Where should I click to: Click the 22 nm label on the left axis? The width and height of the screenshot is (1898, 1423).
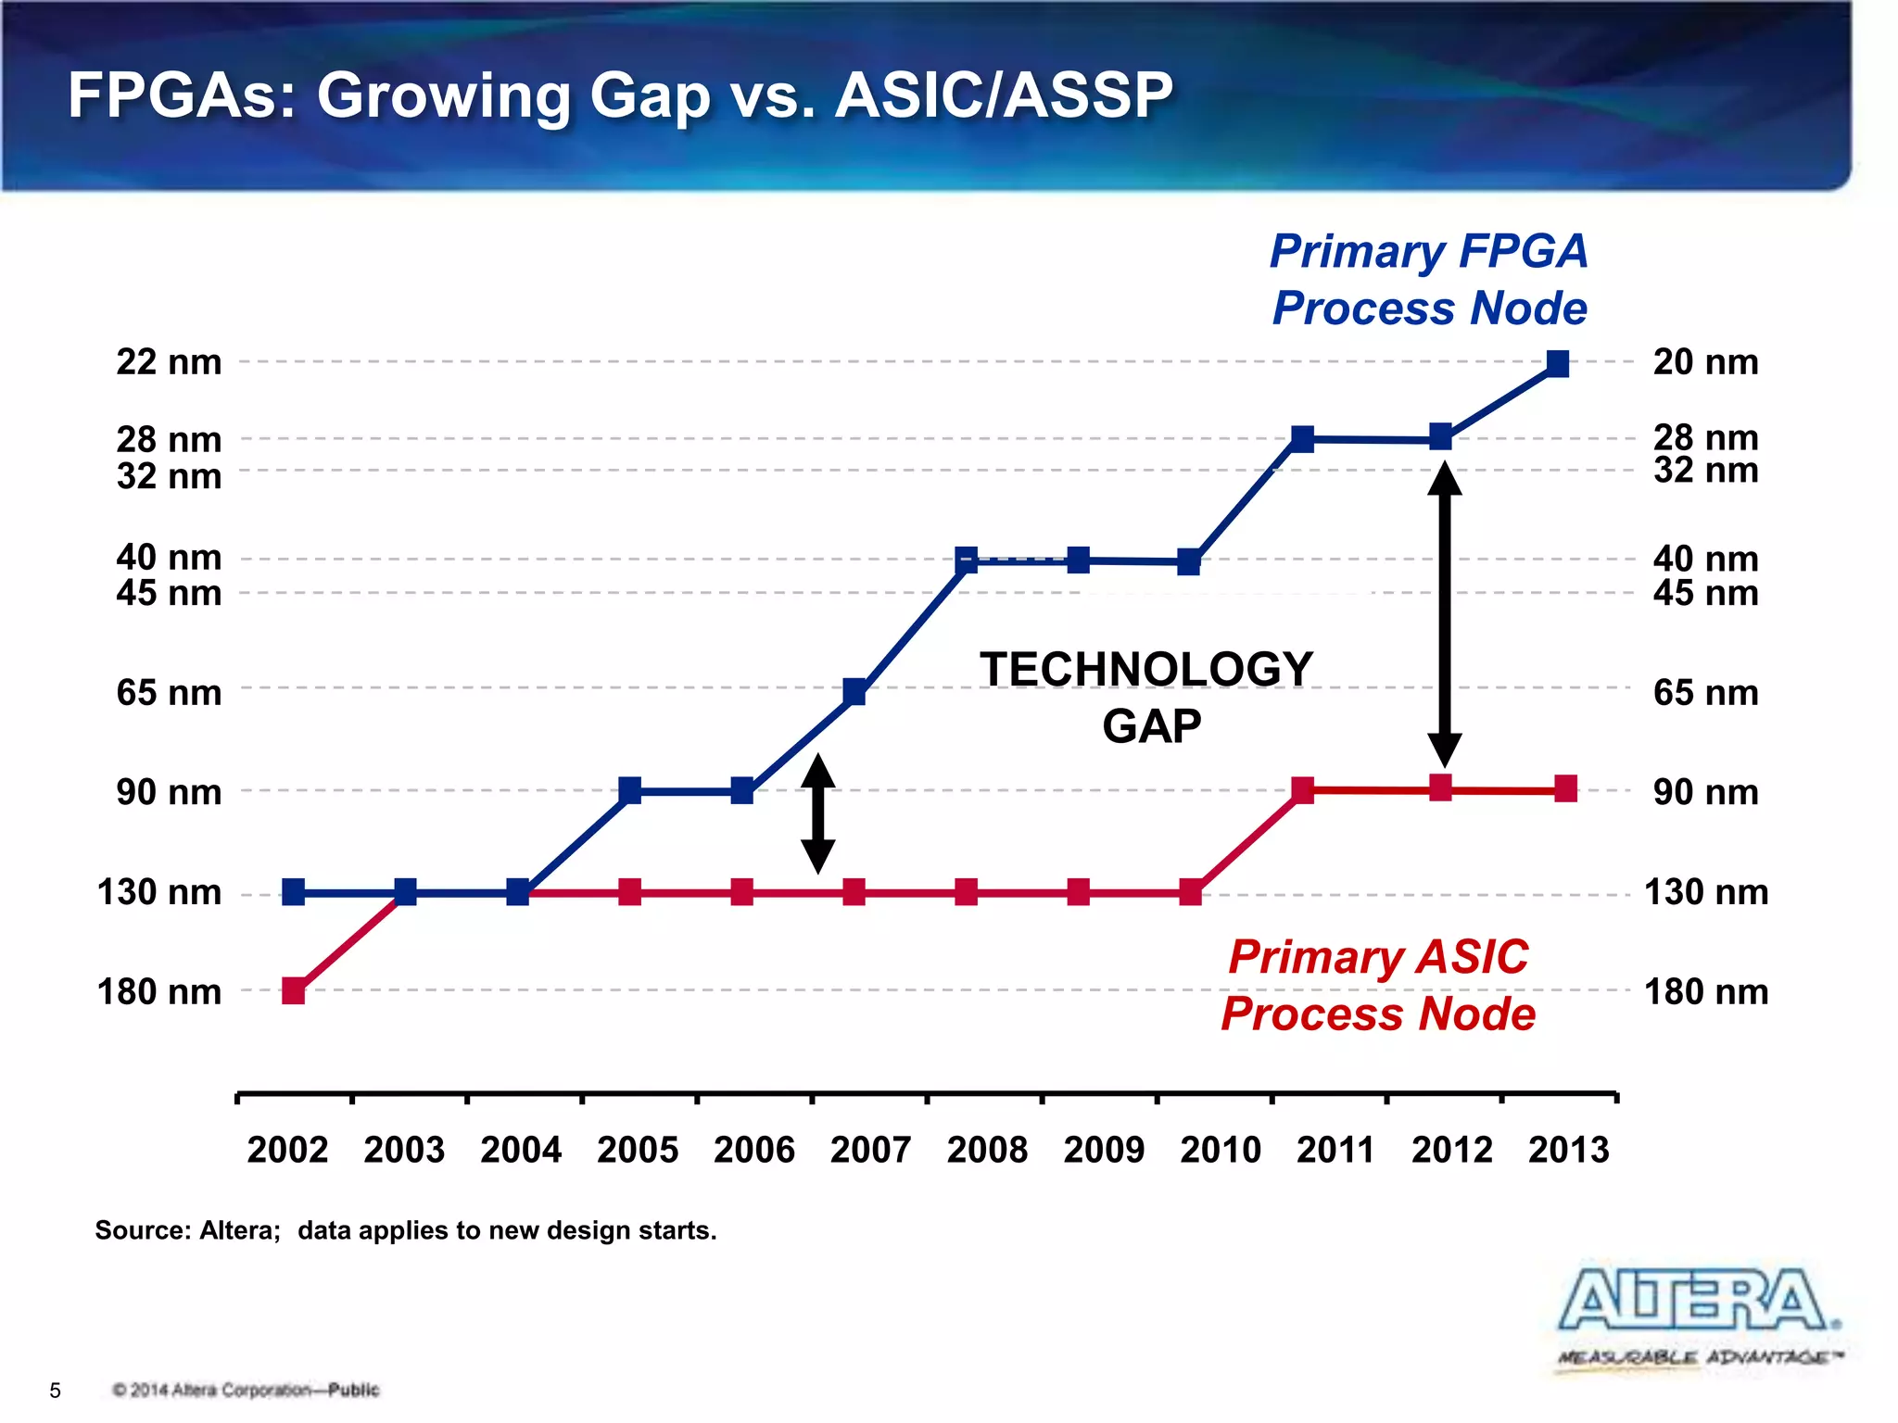169,362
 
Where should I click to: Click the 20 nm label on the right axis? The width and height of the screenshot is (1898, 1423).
1705,362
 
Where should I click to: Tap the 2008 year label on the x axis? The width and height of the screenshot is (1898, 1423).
987,1150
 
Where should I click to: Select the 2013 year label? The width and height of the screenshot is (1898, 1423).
1568,1150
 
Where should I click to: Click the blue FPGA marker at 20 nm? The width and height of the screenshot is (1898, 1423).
1558,364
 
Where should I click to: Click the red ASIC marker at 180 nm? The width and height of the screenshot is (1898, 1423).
294,990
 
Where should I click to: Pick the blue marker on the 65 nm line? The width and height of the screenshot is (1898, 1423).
854,692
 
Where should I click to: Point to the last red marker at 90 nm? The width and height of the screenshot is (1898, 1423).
1565,789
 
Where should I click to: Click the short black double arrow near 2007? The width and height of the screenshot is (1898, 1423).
817,813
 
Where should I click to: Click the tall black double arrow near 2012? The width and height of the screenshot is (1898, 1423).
1444,613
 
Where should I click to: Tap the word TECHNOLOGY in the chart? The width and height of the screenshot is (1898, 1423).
1146,669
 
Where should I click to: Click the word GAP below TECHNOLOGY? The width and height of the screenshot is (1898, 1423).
1151,725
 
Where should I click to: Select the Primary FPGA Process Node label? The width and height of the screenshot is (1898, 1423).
1428,280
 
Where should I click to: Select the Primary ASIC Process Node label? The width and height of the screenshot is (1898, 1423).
1378,985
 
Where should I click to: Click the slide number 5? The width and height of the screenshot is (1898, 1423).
56,1390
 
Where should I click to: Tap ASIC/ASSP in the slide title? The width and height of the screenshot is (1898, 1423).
1004,95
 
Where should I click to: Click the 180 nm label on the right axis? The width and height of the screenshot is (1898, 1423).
1705,992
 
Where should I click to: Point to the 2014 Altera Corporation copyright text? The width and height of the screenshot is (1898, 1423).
246,1390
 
